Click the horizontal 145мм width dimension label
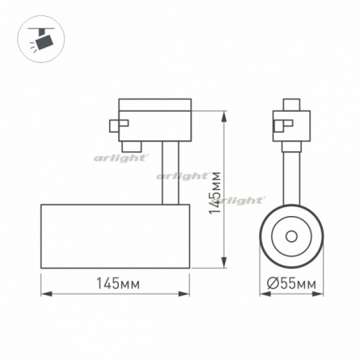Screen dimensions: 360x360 coord(118,283)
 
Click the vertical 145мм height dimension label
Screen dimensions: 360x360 coord(215,193)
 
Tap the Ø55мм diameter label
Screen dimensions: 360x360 coord(291,283)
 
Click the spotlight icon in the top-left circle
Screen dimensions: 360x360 coord(41,40)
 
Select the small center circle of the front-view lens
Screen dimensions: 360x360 coord(291,236)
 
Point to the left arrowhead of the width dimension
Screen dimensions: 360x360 coord(46,294)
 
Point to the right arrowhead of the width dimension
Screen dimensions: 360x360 coord(184,294)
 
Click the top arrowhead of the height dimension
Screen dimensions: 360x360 coord(224,116)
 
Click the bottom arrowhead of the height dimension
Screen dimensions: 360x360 coord(224,262)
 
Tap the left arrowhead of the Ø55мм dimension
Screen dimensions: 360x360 coord(265,294)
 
